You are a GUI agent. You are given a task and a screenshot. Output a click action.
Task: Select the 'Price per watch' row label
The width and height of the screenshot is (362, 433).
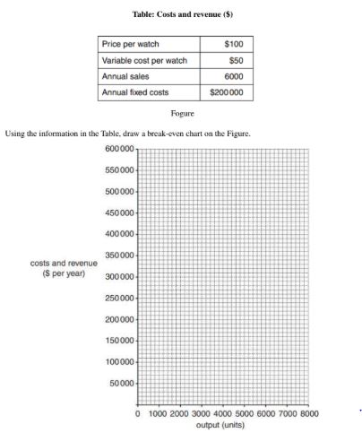[x=128, y=44]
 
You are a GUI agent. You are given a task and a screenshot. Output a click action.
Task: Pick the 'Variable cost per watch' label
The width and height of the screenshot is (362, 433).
[x=145, y=60]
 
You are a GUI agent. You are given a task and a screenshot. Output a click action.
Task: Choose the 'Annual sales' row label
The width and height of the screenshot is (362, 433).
[x=125, y=76]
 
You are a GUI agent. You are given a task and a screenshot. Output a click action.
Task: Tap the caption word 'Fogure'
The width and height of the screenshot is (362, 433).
[x=182, y=114]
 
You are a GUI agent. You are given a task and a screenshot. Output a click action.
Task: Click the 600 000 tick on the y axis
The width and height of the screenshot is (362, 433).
[x=119, y=148]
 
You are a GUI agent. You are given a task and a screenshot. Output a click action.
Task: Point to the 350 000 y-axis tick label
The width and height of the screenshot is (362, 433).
[x=119, y=255]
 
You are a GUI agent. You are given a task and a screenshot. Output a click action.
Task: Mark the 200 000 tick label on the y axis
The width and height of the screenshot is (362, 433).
[x=119, y=320]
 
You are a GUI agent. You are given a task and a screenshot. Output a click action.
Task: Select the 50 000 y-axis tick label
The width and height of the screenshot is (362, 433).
[x=122, y=385]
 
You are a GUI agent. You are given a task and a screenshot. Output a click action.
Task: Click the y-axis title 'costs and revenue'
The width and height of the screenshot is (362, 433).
[x=64, y=264]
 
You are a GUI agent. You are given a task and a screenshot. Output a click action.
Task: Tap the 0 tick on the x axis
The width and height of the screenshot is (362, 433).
[x=137, y=415]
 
